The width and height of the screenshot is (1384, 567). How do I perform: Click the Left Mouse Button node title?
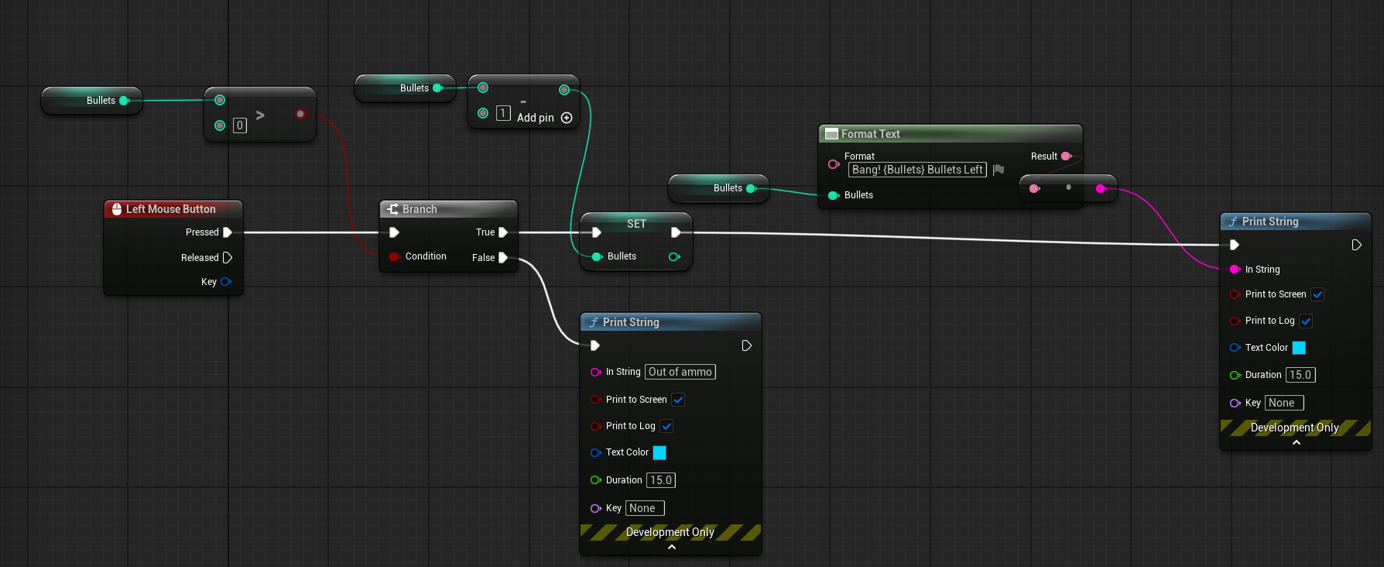coord(171,209)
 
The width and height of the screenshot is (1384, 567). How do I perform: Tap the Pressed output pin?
coord(228,232)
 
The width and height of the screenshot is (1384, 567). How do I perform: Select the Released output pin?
coord(228,257)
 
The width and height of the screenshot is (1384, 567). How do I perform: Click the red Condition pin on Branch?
coord(395,256)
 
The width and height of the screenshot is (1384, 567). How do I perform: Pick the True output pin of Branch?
coord(503,232)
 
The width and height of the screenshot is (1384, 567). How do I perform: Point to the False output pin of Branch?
coord(503,257)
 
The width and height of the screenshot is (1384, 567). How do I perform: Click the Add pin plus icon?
coord(567,118)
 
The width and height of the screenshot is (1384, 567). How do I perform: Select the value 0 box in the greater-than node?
coord(240,125)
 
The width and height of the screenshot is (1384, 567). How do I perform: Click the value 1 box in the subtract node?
coord(503,113)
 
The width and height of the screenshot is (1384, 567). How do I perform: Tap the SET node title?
coord(636,224)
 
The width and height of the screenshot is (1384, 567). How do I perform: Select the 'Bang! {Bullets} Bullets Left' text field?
coord(917,170)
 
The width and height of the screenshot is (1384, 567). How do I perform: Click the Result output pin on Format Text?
coord(1066,156)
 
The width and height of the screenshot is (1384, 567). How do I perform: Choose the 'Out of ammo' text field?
coord(680,372)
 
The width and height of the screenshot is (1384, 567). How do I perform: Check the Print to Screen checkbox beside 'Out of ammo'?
coord(678,400)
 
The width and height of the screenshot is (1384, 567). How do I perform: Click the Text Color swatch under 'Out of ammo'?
coord(659,452)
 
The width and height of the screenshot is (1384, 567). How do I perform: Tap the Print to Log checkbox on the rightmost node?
coord(1306,321)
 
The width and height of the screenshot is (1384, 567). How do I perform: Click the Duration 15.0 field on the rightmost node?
coord(1300,375)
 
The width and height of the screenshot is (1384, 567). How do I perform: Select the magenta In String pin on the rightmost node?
coord(1235,270)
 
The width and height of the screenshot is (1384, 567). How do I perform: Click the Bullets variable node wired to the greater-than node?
coord(92,101)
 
